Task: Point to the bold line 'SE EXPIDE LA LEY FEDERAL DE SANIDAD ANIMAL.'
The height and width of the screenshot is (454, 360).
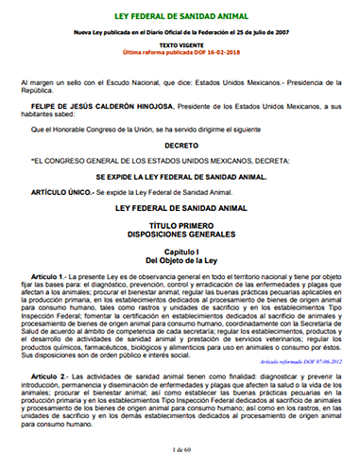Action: click(x=180, y=176)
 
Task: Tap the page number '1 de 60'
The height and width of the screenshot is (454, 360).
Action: click(x=180, y=445)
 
